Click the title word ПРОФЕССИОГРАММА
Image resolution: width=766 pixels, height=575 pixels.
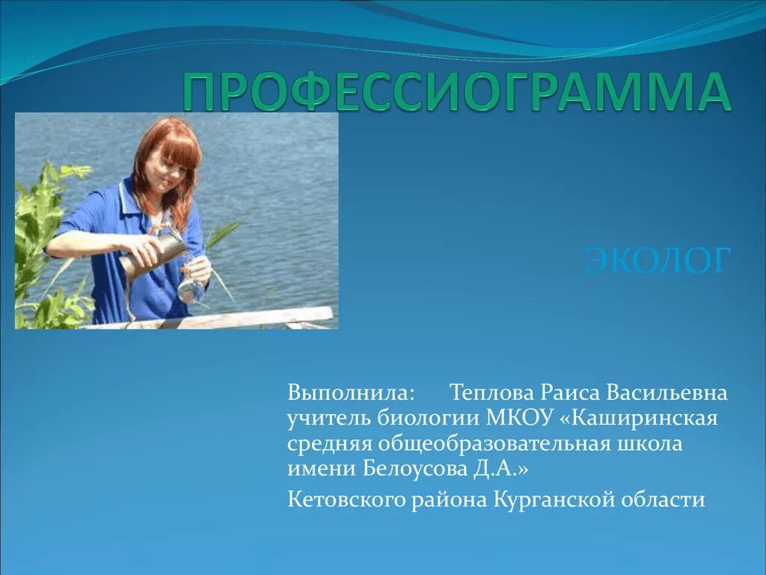tap(456, 93)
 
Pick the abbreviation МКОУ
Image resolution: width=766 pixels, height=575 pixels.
tap(516, 418)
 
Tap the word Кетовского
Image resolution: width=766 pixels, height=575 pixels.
tap(347, 499)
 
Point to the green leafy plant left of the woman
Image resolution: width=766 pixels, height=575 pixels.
tap(45, 240)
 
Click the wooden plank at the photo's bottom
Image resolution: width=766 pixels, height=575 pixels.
tap(224, 318)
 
